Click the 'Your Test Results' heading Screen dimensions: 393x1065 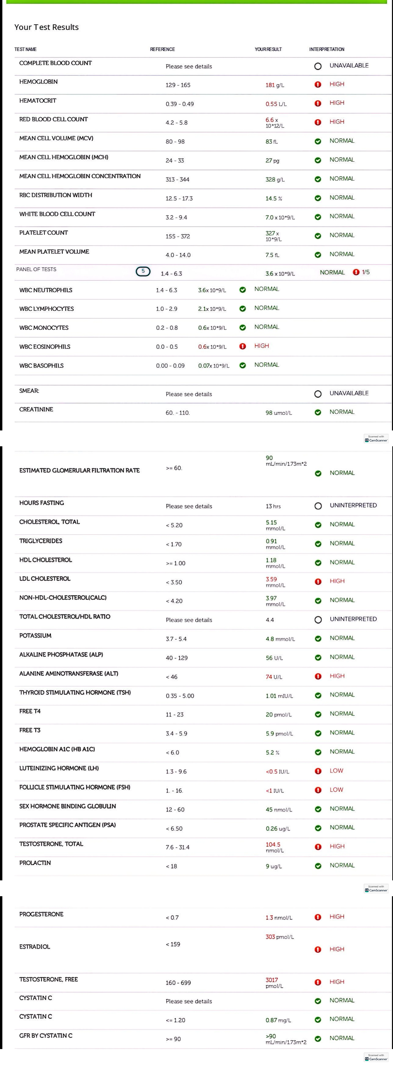pos(46,27)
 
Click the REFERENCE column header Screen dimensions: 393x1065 pos(162,49)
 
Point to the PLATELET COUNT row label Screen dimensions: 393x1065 pos(43,233)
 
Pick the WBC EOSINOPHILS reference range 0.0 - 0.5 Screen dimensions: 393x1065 pos(167,347)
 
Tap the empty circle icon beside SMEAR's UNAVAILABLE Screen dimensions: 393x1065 pos(318,394)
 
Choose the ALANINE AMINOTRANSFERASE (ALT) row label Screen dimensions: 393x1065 pos(69,674)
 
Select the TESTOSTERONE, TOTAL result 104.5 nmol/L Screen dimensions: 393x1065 pos(274,847)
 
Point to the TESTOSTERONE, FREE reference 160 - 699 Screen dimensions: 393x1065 pos(178,983)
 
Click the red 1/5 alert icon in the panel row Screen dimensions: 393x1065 pos(356,272)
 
